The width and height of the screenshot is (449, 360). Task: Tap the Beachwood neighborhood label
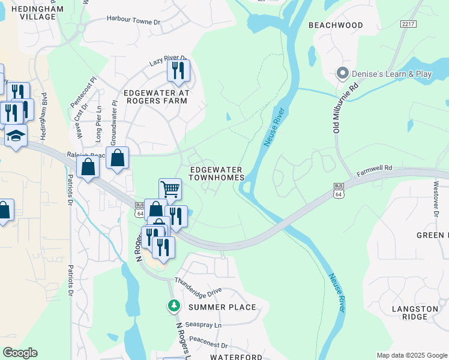point(336,25)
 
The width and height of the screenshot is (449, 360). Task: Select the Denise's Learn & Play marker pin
point(343,74)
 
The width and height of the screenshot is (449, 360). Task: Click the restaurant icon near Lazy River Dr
point(178,70)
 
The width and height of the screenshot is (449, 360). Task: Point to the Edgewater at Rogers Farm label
point(156,97)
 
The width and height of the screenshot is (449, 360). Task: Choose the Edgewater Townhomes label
point(217,174)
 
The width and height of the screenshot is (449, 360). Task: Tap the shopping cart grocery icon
point(170,189)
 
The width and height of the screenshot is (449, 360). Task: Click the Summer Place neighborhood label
point(222,307)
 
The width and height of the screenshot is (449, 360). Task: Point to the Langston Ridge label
point(415,313)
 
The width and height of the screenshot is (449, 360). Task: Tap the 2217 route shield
point(408,23)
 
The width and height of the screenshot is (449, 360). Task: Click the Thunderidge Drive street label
point(198,286)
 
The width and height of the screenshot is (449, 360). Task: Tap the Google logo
point(20,353)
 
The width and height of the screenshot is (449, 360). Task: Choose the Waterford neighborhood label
point(236,357)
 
